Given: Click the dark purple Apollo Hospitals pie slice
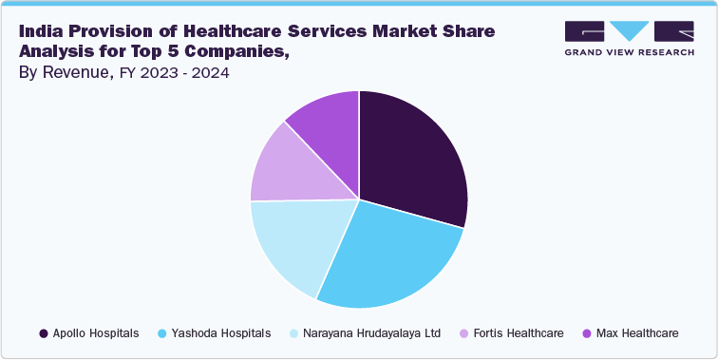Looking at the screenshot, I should pos(413,157).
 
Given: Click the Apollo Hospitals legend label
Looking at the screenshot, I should pos(97,333).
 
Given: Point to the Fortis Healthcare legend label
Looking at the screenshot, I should pos(517,333).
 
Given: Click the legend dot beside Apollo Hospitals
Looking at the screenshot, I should pos(44,333).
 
